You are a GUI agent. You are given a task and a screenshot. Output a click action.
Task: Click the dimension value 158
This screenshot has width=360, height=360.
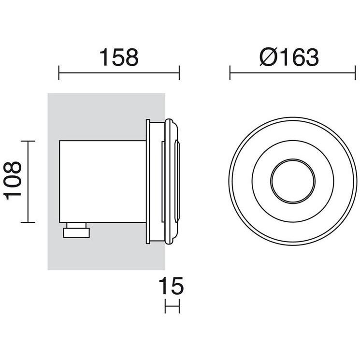coord(119,57)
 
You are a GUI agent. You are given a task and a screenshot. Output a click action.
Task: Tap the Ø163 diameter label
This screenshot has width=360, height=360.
coord(289,57)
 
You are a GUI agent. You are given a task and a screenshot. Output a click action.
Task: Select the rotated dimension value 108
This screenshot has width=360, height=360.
coord(13,180)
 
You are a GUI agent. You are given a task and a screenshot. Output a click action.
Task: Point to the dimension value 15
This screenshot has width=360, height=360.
coord(171,286)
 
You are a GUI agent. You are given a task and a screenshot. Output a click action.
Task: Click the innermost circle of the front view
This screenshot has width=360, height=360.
coord(292,181)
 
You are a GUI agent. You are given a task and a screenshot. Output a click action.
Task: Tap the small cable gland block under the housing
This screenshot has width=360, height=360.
coord(76,230)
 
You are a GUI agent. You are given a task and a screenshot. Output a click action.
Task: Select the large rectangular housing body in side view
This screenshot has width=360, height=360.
coord(102,181)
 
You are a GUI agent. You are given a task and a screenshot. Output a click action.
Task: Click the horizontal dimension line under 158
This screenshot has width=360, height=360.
coord(119,73)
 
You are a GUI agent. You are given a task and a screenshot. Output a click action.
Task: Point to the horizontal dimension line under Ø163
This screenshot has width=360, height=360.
coord(292,73)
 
